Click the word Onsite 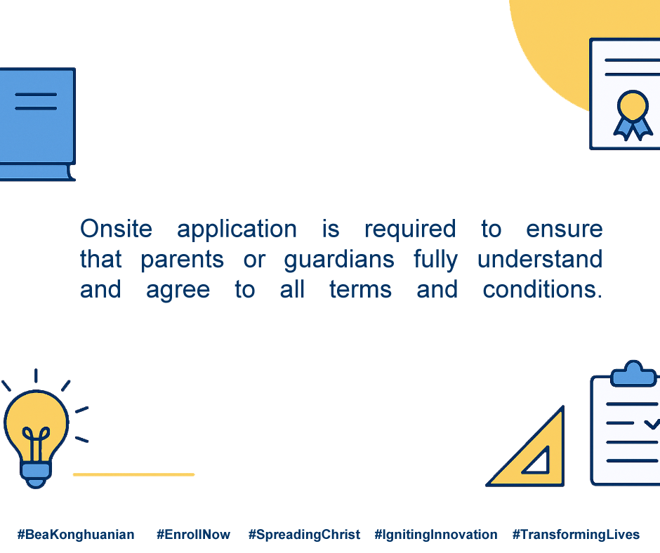pyautogui.click(x=116, y=229)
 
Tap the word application pyautogui.click(x=237, y=230)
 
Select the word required pyautogui.click(x=410, y=230)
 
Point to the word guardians pyautogui.click(x=339, y=260)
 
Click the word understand pyautogui.click(x=540, y=259)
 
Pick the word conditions pyautogui.click(x=543, y=289)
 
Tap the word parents pyautogui.click(x=182, y=260)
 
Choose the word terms pyautogui.click(x=360, y=290)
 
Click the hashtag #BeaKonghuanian pyautogui.click(x=76, y=535)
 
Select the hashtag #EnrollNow pyautogui.click(x=193, y=535)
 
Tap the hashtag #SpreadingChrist pyautogui.click(x=304, y=535)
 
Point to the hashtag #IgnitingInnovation pyautogui.click(x=435, y=535)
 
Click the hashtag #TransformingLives pyautogui.click(x=576, y=535)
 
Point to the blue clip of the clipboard pyautogui.click(x=633, y=374)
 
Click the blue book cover pyautogui.click(x=37, y=116)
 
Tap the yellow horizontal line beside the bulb pyautogui.click(x=134, y=474)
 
